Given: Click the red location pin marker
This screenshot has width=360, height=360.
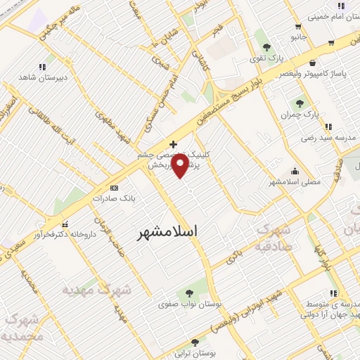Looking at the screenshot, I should tap(181, 166).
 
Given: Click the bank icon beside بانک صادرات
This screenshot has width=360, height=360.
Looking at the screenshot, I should tap(115, 188).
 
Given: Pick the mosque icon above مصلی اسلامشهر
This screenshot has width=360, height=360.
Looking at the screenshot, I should tap(294, 171).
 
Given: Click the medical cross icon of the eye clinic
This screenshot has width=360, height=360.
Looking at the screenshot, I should tap(173, 143).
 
